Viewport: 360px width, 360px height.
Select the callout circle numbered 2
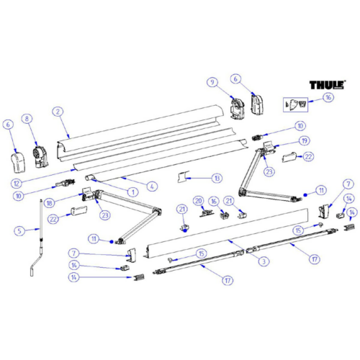[x=58, y=112]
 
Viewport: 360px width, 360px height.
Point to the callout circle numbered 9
[x=211, y=81]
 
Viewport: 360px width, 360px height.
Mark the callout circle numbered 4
[x=152, y=186]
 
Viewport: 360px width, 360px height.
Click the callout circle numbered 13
[x=217, y=177]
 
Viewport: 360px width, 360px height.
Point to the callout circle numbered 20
[x=197, y=200]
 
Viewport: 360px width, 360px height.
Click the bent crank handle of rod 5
[x=34, y=268]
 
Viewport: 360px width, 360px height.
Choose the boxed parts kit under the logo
[x=297, y=104]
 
